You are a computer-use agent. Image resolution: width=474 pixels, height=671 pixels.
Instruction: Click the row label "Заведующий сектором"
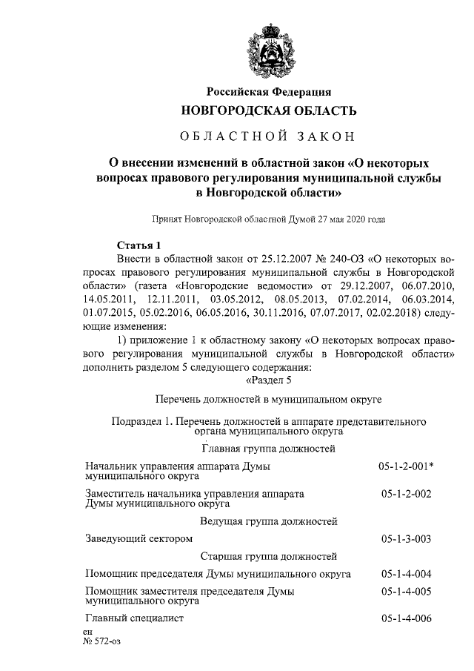point(139,538)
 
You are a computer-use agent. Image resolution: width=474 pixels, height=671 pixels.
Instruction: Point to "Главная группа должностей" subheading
point(269,449)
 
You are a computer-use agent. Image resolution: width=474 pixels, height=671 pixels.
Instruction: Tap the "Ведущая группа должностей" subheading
point(269,521)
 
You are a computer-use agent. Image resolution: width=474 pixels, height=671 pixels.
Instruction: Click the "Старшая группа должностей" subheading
point(269,556)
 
